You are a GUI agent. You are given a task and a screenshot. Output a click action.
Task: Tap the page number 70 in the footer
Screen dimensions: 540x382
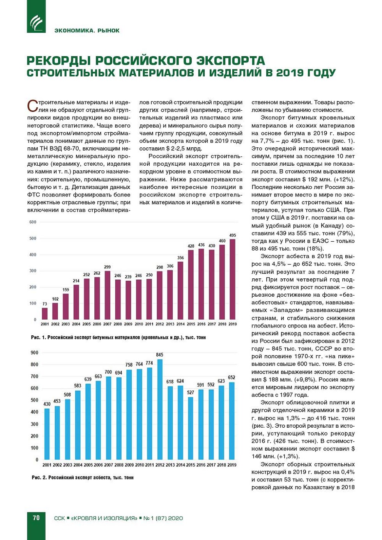(36, 518)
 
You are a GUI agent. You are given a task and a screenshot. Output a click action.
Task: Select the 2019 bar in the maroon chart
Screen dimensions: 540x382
(233, 279)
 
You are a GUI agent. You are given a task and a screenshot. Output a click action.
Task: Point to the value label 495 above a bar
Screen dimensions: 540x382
(233, 235)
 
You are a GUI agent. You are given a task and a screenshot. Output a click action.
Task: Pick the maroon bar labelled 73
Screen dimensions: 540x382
(45, 313)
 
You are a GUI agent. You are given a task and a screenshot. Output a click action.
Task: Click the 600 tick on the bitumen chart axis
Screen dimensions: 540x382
(33, 222)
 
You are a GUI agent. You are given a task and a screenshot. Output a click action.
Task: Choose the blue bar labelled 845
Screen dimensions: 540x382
(159, 409)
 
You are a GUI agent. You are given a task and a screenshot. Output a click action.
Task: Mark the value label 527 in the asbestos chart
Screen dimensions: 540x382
(190, 392)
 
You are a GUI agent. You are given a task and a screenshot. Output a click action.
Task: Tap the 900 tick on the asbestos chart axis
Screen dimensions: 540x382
(34, 352)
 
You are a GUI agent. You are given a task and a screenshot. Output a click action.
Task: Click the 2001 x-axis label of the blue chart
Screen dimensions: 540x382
(47, 465)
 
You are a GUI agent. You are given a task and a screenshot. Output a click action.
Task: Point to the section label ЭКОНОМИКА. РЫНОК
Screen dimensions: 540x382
(87, 30)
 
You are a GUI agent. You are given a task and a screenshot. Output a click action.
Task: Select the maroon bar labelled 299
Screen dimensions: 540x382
(107, 295)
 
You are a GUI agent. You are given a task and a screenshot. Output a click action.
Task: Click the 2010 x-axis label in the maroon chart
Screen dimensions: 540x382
(139, 324)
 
